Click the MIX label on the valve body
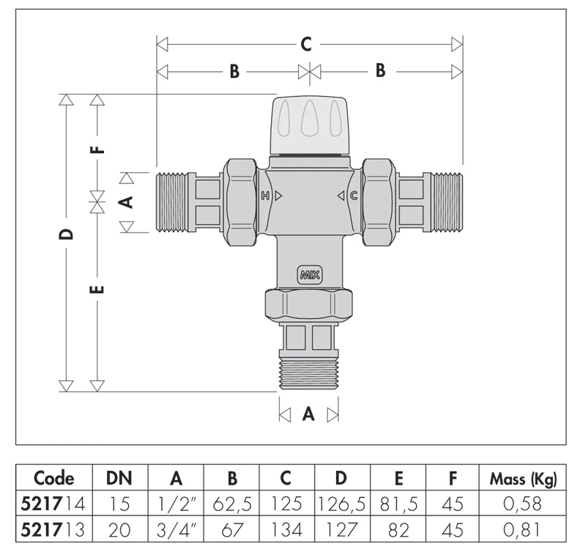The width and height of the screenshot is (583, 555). click(x=309, y=275)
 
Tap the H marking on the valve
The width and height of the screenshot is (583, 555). click(x=265, y=196)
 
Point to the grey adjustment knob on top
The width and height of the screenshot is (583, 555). click(x=309, y=125)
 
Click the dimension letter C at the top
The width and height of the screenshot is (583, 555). click(x=306, y=44)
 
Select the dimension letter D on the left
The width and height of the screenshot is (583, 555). click(x=67, y=234)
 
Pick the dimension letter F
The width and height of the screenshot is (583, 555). click(x=98, y=150)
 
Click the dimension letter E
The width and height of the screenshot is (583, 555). click(x=97, y=289)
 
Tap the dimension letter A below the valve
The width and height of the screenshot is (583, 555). click(x=308, y=414)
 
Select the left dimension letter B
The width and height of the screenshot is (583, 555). click(x=234, y=71)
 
